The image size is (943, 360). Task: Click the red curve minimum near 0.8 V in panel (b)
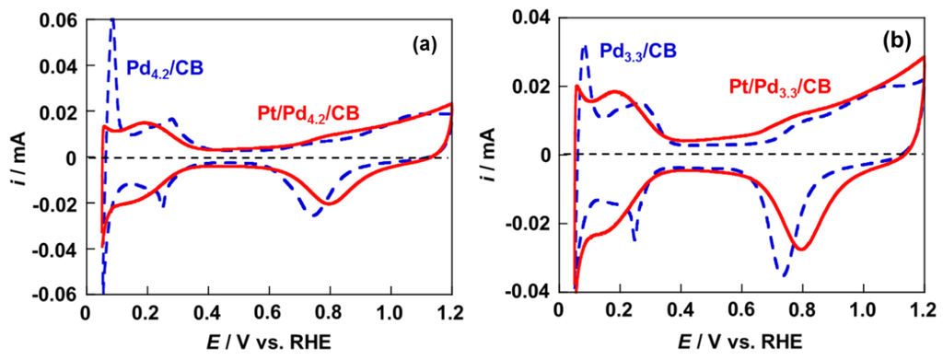pos(800,249)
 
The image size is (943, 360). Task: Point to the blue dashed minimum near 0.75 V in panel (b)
pos(784,274)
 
